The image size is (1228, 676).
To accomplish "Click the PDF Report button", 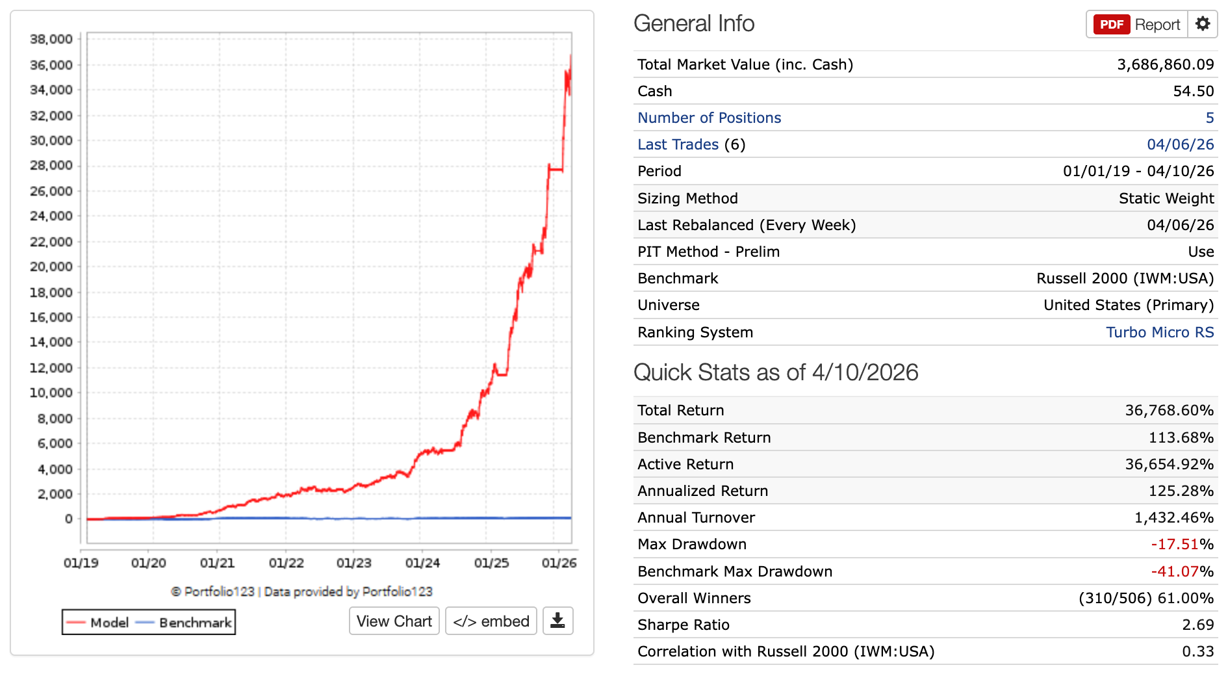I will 1137,25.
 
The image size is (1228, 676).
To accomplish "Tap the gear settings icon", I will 1203,24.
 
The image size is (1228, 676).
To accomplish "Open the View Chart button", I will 394,621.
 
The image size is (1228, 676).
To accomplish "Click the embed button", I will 491,621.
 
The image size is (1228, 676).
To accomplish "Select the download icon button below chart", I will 557,621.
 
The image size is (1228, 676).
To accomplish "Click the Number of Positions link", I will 709,118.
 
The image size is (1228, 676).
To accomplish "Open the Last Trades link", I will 678,144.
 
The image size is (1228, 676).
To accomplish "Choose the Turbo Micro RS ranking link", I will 1160,332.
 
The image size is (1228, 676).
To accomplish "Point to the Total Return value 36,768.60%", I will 1169,410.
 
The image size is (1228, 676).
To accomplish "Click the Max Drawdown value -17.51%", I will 1182,544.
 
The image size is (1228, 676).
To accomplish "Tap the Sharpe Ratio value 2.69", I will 1197,625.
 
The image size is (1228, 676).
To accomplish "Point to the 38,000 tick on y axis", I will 51,39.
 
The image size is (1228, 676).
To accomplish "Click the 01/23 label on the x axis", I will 353,563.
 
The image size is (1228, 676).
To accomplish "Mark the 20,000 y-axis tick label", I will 51,266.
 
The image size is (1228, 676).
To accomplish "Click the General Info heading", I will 694,24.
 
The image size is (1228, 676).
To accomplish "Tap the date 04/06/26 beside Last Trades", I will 1180,144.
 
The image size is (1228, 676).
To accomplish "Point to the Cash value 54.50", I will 1193,91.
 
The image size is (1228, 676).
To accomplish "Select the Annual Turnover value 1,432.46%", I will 1173,517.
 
